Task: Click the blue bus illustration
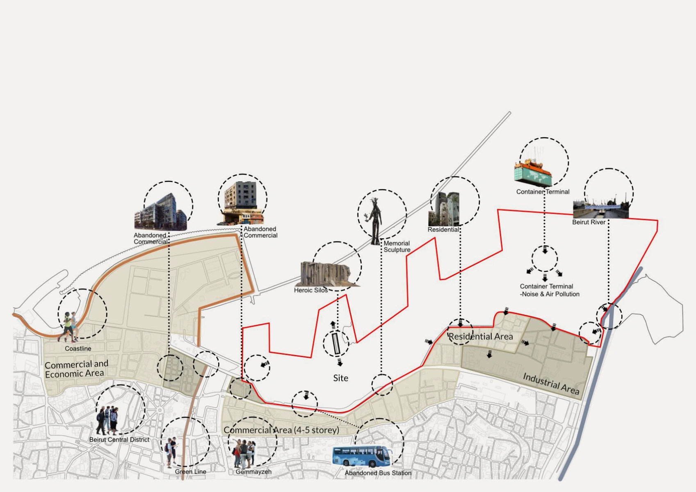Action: [x=361, y=456]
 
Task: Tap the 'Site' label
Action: [x=340, y=378]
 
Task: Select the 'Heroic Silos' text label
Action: [x=310, y=290]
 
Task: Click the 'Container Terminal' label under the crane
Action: [x=543, y=192]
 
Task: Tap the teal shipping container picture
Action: [x=533, y=172]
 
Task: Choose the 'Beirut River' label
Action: [x=589, y=222]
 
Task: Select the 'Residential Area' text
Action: [x=480, y=337]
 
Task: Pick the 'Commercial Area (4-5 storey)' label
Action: [x=281, y=430]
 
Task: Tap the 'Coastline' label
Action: [x=78, y=348]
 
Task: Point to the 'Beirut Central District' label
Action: [x=119, y=440]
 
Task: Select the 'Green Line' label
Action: [x=190, y=471]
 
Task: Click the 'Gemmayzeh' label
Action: [x=253, y=471]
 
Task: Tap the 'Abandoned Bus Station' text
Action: [x=378, y=473]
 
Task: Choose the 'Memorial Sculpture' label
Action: [x=397, y=246]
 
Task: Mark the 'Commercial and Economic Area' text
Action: [x=76, y=369]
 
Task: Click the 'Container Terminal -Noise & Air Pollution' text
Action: [x=549, y=290]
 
